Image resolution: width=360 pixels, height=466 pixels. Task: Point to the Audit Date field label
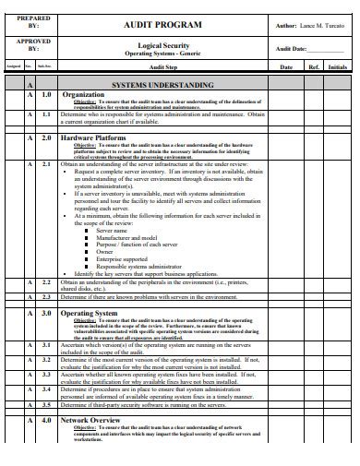[x=295, y=49]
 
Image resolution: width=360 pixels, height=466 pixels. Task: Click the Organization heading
[x=83, y=94]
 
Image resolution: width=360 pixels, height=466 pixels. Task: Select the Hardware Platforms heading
[x=93, y=137]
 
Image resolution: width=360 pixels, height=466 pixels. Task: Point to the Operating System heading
[x=90, y=314]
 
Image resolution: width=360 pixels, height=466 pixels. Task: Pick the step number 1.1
[x=45, y=114]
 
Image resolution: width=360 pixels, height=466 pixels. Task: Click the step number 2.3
[x=45, y=297]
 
